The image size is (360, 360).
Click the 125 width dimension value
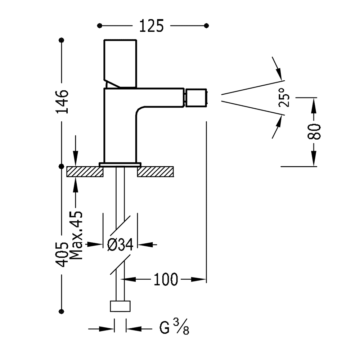pyautogui.click(x=151, y=26)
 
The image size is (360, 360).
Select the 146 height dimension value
pyautogui.click(x=62, y=102)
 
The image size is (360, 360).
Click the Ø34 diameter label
pyautogui.click(x=120, y=245)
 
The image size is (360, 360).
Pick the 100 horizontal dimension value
pyautogui.click(x=166, y=279)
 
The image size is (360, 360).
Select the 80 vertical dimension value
pyautogui.click(x=314, y=132)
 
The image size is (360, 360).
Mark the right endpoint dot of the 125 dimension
pyautogui.click(x=207, y=26)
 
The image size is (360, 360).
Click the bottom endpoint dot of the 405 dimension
pyautogui.click(x=62, y=310)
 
